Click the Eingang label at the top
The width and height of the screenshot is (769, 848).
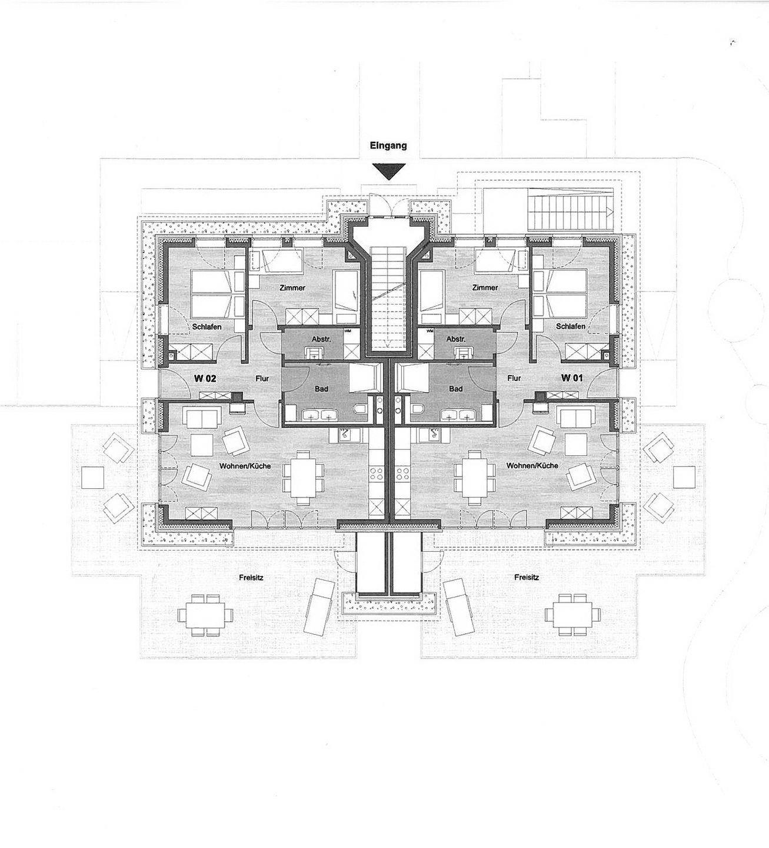[388, 146]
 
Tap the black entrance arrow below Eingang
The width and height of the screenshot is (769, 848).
[388, 171]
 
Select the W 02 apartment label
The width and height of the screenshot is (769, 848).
[205, 379]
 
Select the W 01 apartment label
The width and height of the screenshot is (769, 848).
[572, 378]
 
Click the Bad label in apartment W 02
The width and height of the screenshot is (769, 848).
[321, 389]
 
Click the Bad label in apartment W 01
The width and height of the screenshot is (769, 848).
[455, 389]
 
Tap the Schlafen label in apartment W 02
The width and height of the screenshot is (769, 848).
[207, 327]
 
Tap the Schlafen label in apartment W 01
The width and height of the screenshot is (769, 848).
[570, 326]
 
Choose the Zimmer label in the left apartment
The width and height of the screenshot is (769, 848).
[292, 288]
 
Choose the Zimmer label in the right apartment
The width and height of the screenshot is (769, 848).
[485, 287]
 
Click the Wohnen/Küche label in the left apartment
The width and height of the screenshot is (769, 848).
[245, 466]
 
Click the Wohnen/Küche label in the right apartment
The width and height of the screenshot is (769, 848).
[532, 465]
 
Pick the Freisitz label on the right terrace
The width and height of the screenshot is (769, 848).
[527, 577]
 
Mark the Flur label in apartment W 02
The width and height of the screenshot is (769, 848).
[262, 379]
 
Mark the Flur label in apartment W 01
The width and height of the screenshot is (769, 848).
[514, 378]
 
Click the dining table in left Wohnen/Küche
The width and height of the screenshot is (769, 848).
[302, 478]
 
